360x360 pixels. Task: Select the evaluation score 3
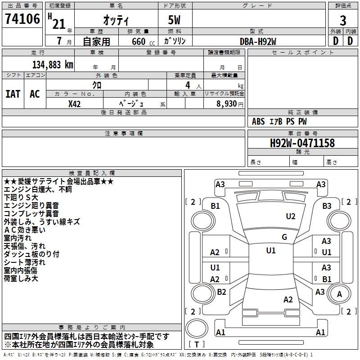[x=343, y=21]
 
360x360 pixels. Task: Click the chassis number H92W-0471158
[x=302, y=143]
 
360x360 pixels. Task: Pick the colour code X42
[x=75, y=103]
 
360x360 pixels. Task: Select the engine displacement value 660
[x=138, y=42]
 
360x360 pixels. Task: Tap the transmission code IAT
[x=13, y=94]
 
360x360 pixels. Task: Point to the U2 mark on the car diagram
[x=291, y=216]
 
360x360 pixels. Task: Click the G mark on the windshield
[x=284, y=237]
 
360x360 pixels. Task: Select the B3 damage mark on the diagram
[x=327, y=206]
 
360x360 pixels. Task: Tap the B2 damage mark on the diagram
[x=221, y=292]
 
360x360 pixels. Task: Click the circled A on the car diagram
[x=339, y=294]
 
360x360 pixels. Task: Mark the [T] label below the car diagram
[x=197, y=344]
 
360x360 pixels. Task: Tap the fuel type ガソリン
[x=175, y=41]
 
